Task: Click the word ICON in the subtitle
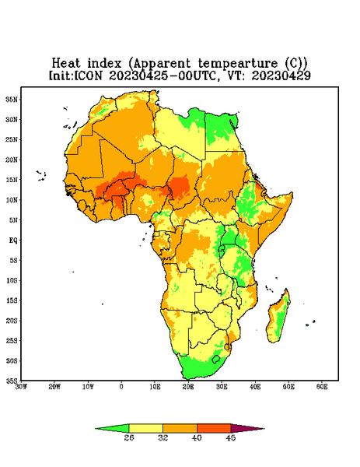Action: coord(88,75)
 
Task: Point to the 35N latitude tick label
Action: coord(12,100)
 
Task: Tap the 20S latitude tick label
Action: coord(12,321)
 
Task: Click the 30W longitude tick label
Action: coord(21,387)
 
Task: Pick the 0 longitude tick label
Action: coord(121,387)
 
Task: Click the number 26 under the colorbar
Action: coord(129,437)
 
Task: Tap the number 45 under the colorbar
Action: coord(231,437)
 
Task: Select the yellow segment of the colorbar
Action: coord(145,428)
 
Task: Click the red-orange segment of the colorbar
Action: coord(214,428)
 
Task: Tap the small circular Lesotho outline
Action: coord(216,359)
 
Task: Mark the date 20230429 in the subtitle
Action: coord(281,75)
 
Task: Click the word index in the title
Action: coord(104,63)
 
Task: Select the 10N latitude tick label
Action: coord(12,200)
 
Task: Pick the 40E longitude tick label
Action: coord(255,387)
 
